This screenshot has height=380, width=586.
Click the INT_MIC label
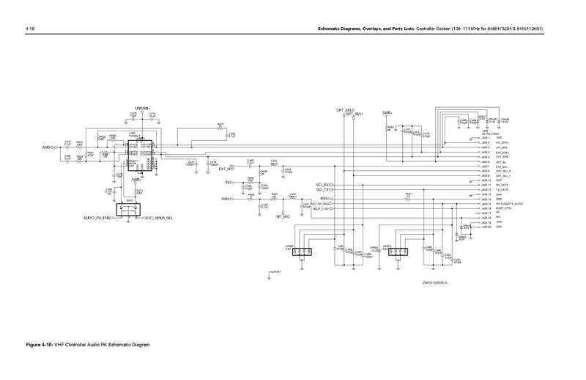(x=282, y=218)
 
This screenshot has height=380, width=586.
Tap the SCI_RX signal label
(x=322, y=185)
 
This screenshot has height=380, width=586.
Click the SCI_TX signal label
(x=322, y=191)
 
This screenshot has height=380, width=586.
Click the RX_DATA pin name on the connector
(x=502, y=185)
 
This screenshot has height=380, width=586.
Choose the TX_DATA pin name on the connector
(x=502, y=190)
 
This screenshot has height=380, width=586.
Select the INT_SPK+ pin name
(x=503, y=143)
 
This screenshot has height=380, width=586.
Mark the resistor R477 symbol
(x=409, y=199)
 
